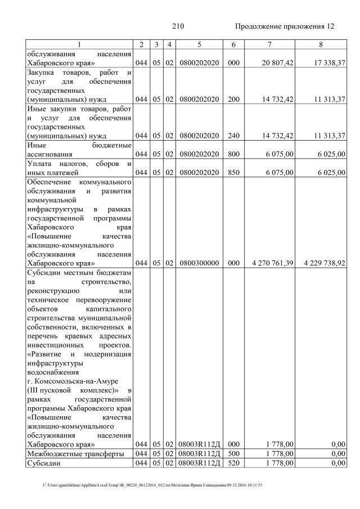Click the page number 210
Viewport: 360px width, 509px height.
tap(178, 26)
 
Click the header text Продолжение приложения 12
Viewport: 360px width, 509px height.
tap(284, 26)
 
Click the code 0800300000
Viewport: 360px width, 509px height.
tap(200, 263)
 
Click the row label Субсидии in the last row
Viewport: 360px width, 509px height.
tap(44, 463)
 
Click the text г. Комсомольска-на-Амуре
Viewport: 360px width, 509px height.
tap(69, 381)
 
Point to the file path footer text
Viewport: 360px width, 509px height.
tap(152, 485)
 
